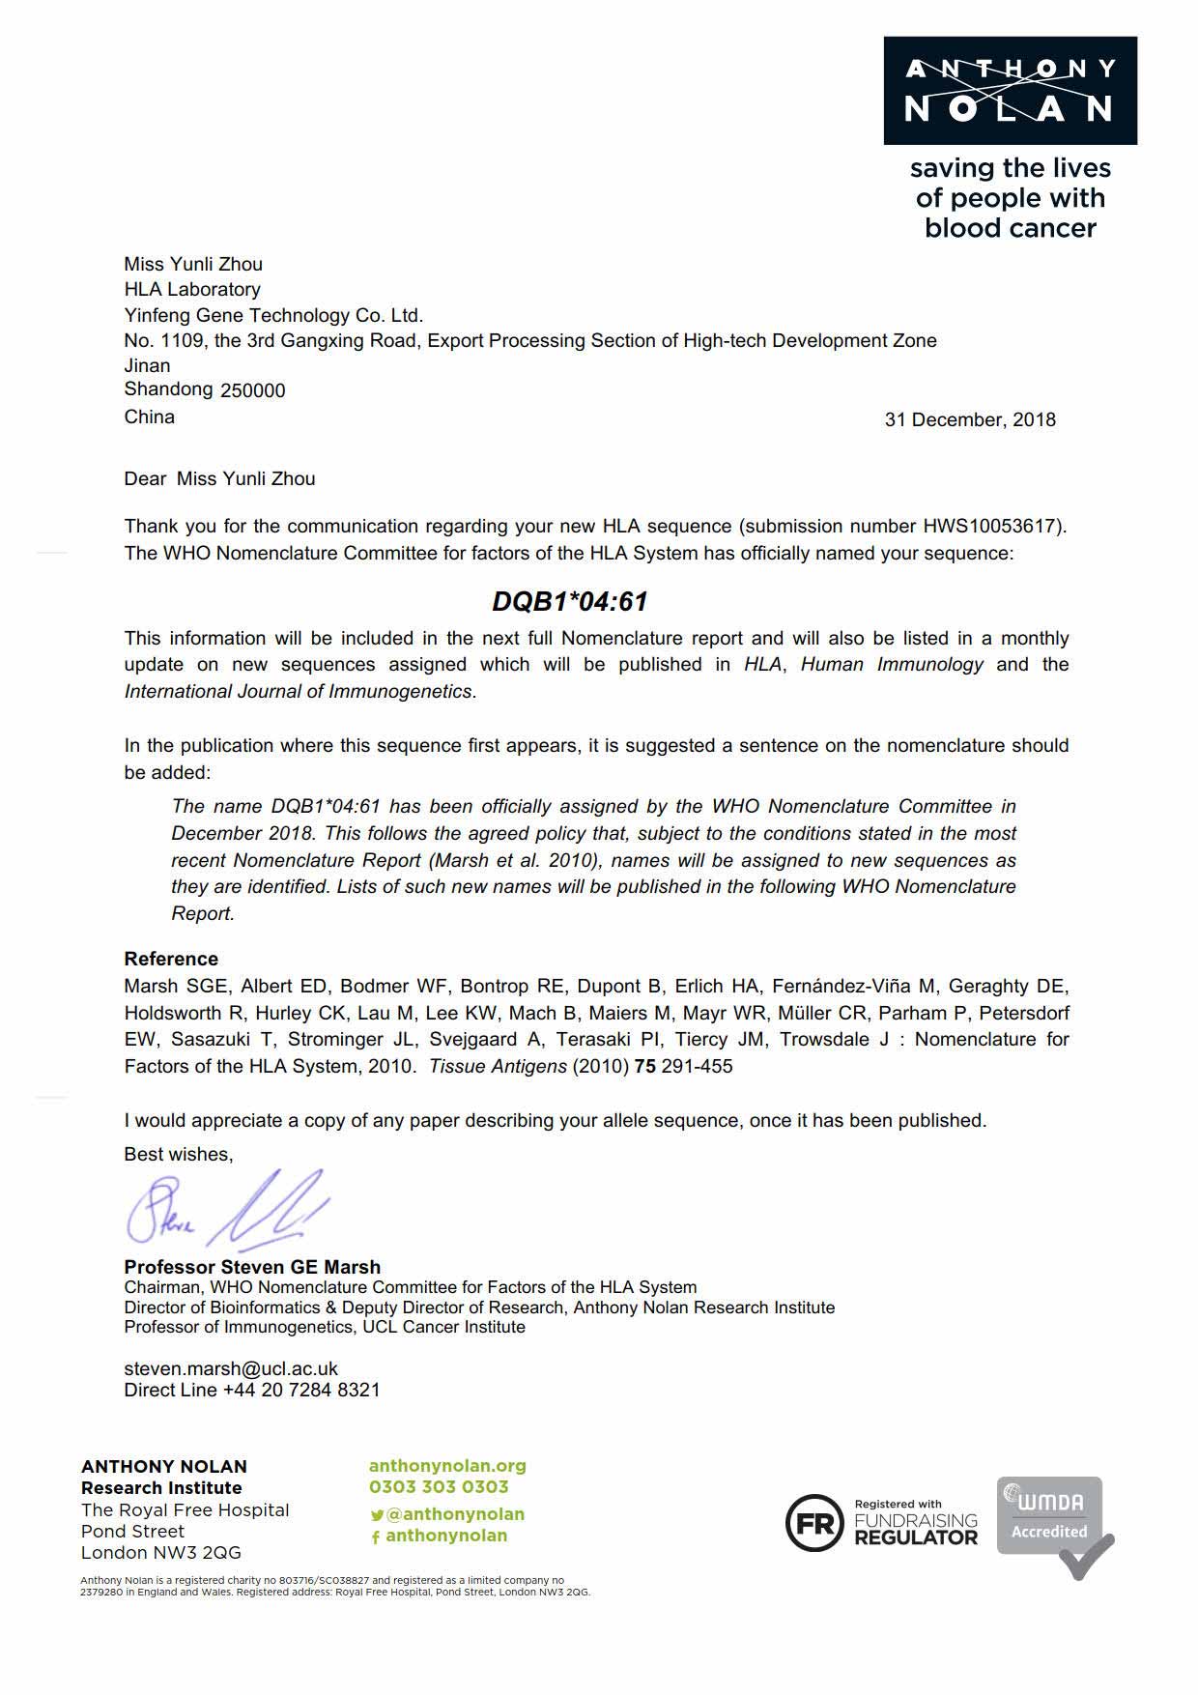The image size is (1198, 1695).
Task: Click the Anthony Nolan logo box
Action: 1010,91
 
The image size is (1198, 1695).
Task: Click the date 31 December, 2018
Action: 970,420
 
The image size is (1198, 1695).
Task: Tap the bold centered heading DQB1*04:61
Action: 569,601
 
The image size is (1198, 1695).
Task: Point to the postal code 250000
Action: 253,391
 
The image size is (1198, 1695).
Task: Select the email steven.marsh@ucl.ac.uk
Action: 231,1369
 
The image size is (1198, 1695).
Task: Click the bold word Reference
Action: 171,960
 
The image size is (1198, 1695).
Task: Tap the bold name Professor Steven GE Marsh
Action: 252,1267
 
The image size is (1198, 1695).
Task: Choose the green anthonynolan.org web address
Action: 447,1466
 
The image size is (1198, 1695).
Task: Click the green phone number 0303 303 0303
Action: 439,1487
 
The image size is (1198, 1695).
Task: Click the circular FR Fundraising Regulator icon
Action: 814,1524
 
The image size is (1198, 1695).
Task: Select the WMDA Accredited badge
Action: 1053,1524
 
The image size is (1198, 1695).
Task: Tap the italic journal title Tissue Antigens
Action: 498,1067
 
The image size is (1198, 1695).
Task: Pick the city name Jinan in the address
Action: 147,366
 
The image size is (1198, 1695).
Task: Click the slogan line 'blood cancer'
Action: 1011,229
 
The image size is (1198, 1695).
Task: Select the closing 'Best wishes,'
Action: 179,1155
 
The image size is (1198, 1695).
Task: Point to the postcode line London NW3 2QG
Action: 161,1553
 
